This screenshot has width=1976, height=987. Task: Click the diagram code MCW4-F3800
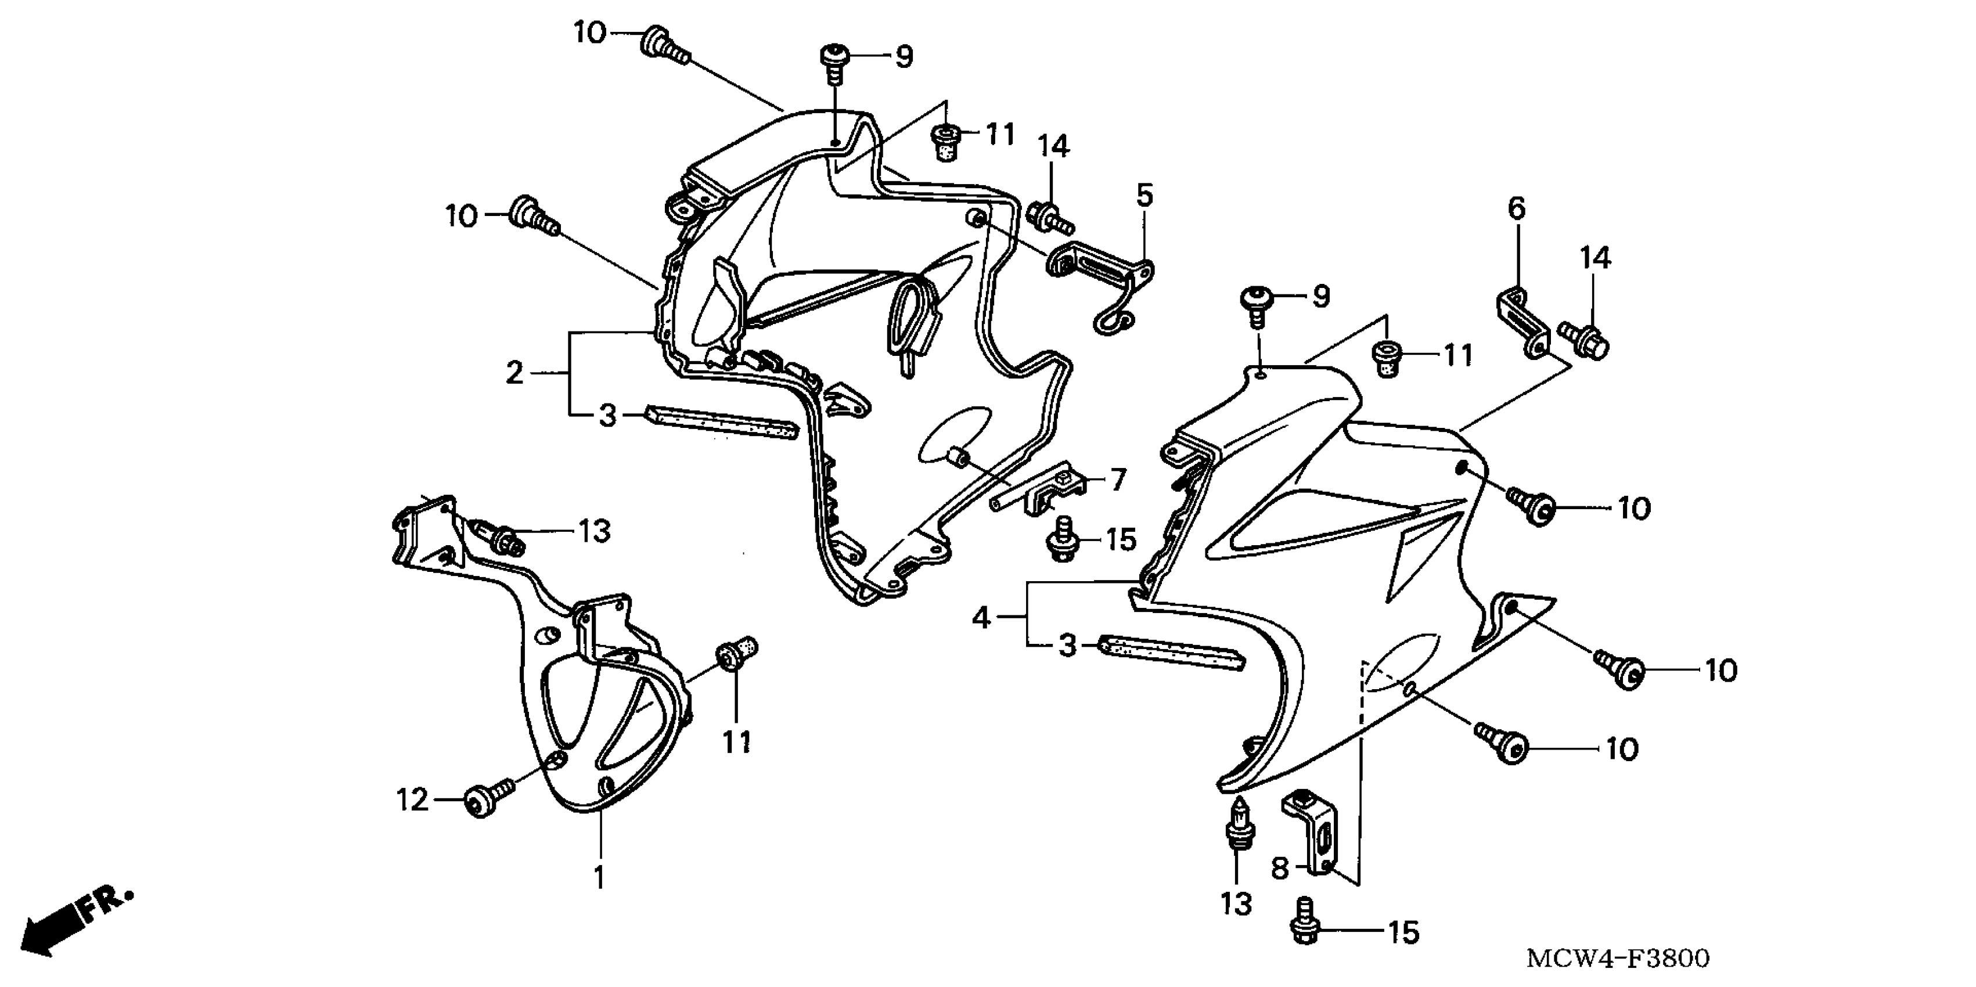click(1618, 959)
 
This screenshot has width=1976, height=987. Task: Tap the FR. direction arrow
click(73, 924)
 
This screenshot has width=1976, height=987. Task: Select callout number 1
click(599, 877)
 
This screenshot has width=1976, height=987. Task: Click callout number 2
click(514, 373)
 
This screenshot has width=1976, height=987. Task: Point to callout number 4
click(982, 617)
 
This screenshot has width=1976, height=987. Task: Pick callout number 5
click(1144, 196)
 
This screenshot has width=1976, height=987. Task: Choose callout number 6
click(1517, 208)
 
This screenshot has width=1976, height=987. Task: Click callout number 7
click(1118, 480)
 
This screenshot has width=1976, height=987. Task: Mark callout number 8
click(1279, 869)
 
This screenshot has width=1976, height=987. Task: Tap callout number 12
click(412, 800)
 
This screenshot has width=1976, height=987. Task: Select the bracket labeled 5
click(1101, 280)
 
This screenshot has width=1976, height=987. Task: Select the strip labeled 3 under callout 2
click(721, 423)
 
